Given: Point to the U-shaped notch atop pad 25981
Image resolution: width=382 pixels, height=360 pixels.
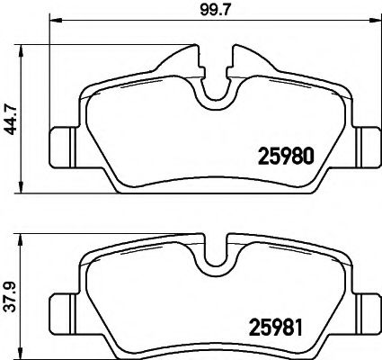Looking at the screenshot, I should click(x=214, y=255).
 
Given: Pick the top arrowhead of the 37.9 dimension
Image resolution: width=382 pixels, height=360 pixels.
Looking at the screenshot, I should click(x=20, y=238).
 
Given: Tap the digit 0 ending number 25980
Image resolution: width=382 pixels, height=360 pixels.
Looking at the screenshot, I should click(x=306, y=154).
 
